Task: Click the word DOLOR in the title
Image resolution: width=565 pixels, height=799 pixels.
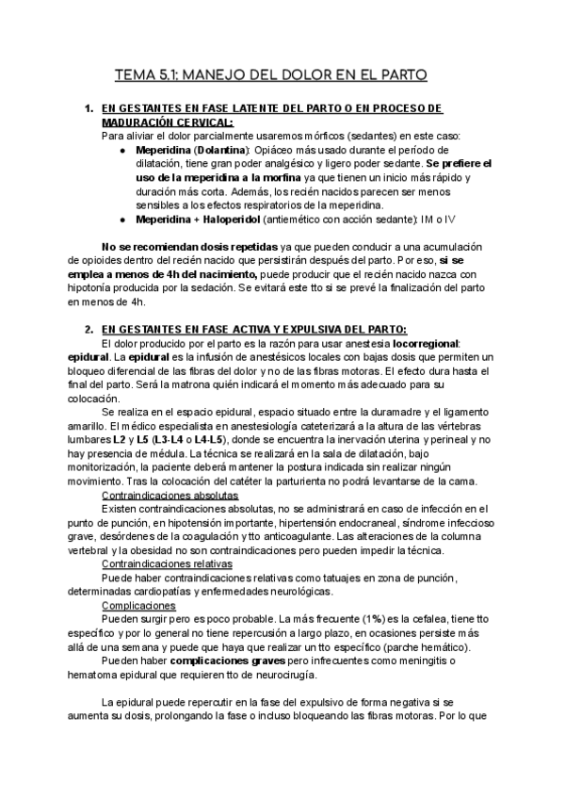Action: pyautogui.click(x=298, y=73)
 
